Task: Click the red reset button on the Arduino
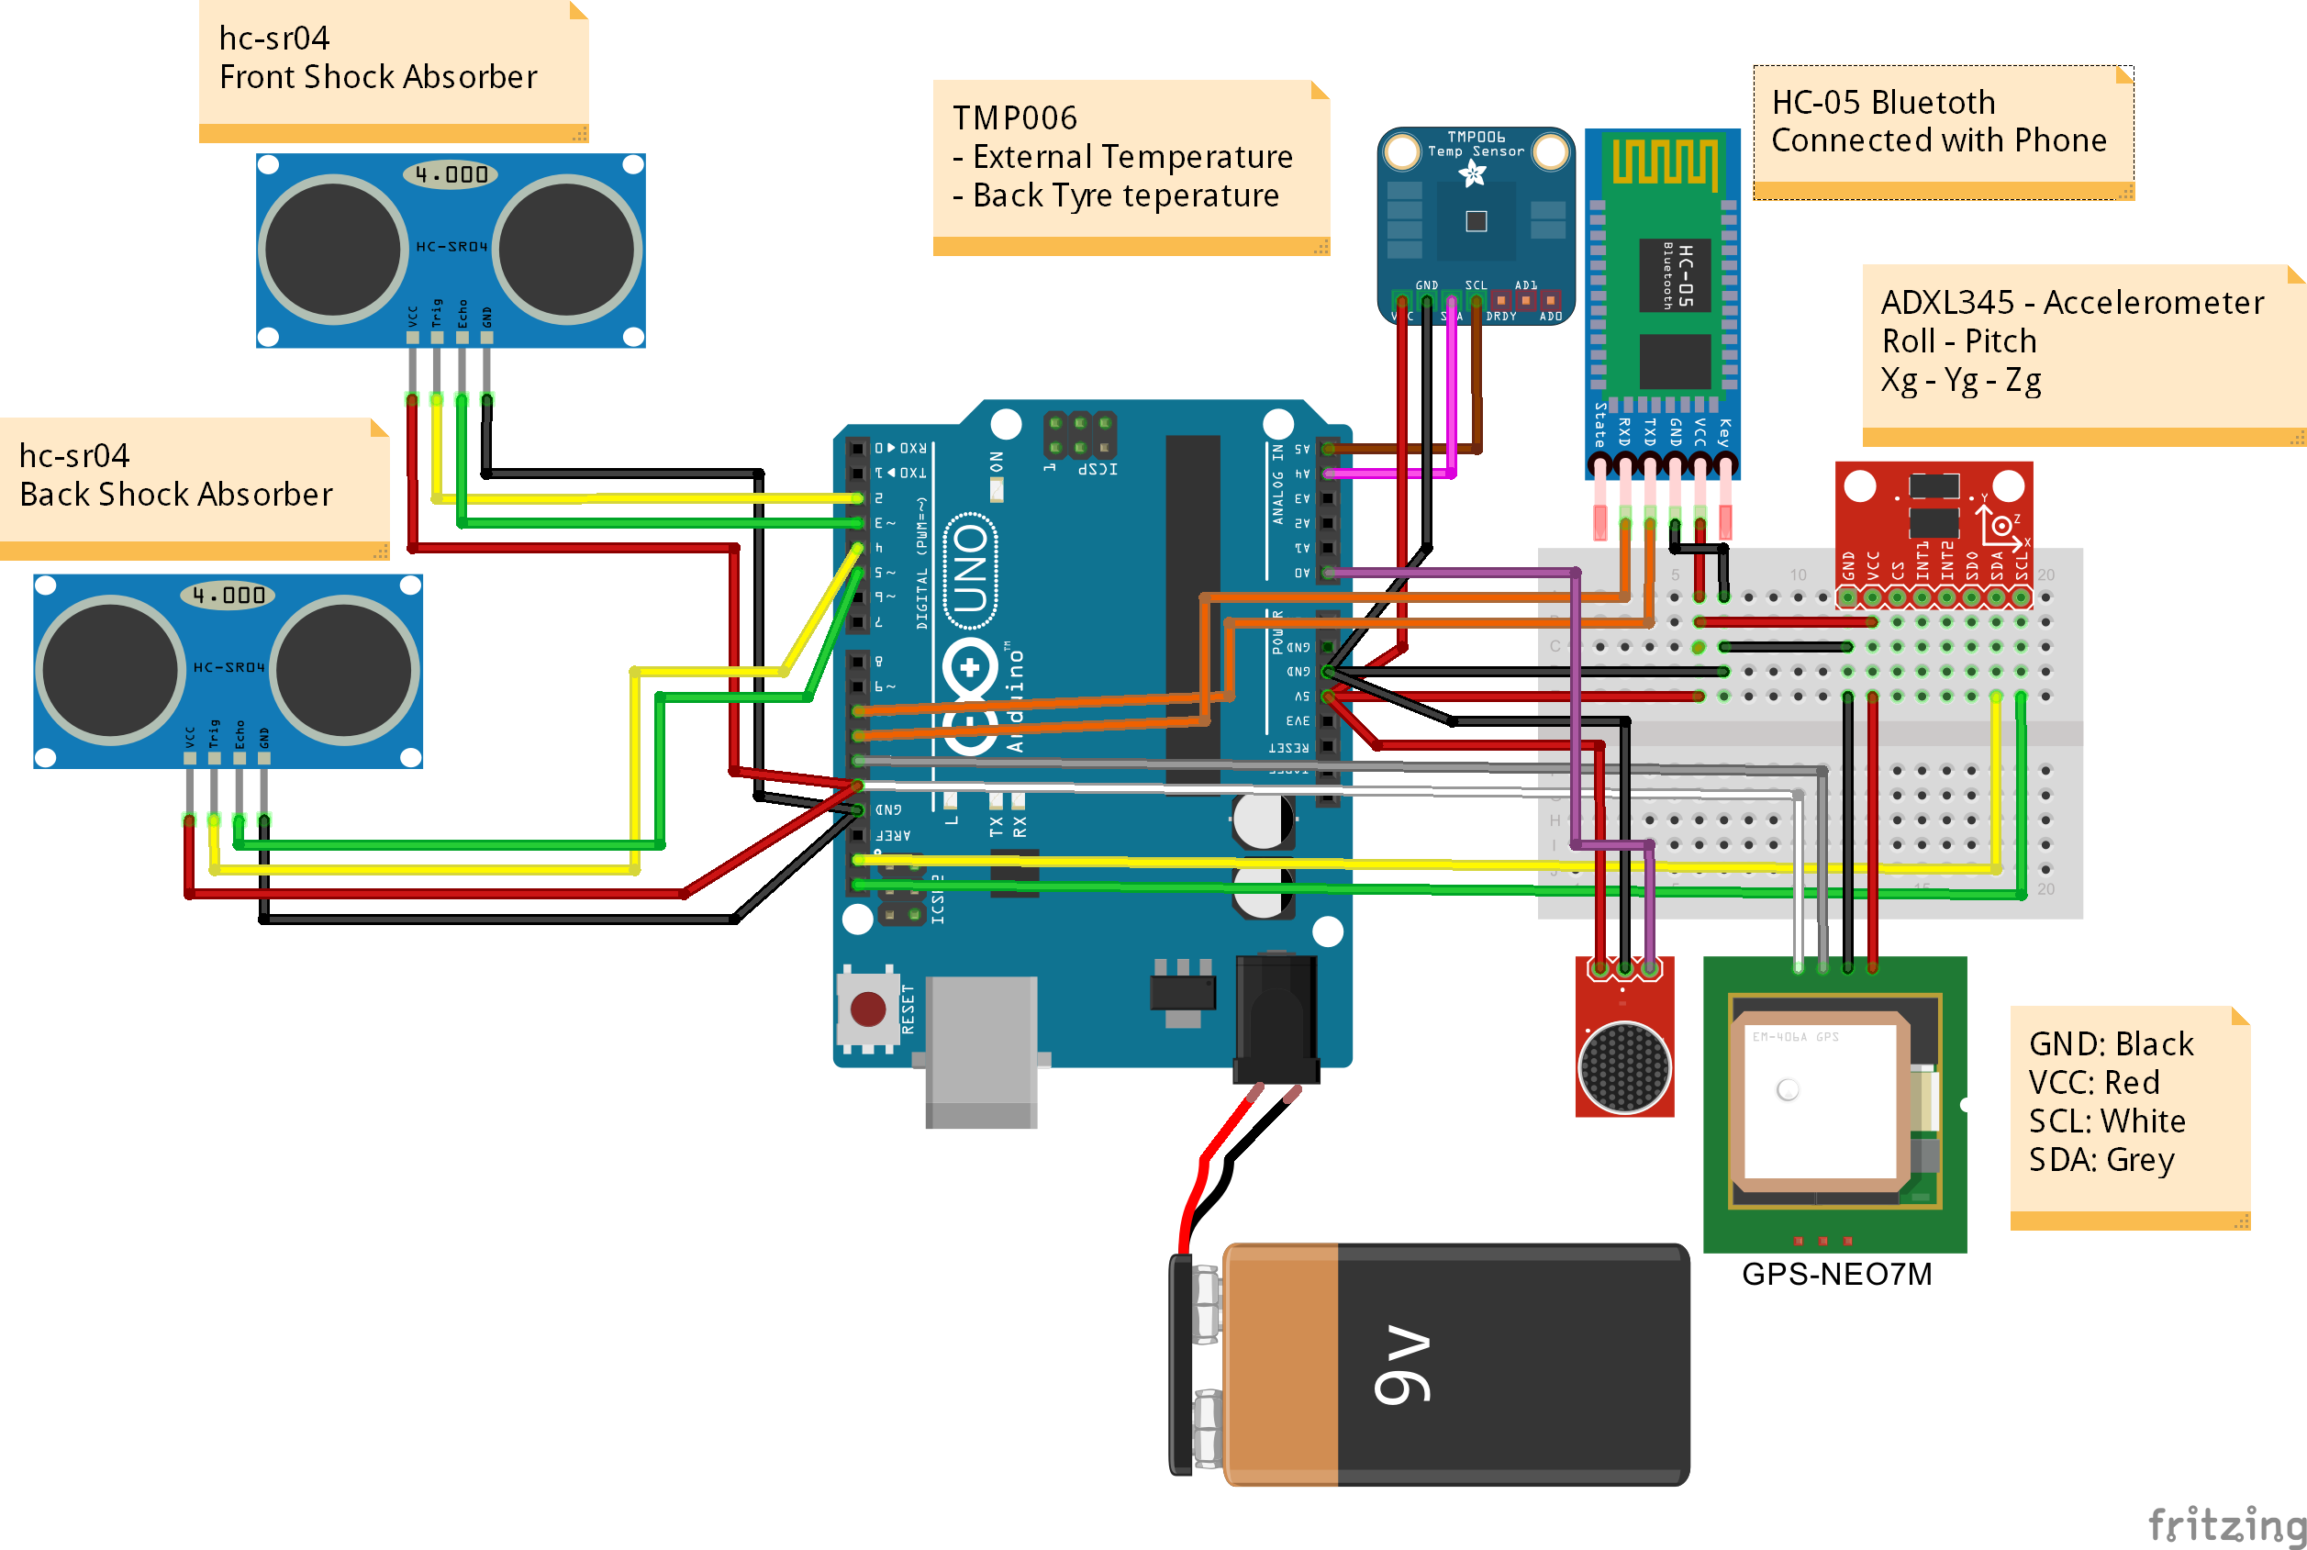[x=867, y=1009]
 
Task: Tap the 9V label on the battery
[x=1401, y=1364]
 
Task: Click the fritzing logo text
[x=2226, y=1523]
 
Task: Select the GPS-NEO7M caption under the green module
[x=1835, y=1273]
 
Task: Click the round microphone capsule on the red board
[x=1624, y=1066]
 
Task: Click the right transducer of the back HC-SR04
[x=343, y=669]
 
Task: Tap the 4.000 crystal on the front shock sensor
[x=451, y=175]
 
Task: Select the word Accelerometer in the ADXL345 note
[x=2153, y=303]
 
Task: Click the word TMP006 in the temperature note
[x=1014, y=117]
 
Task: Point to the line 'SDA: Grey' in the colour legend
[x=2101, y=1158]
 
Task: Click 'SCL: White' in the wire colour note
[x=2106, y=1120]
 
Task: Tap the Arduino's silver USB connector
[x=981, y=1050]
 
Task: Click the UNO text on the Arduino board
[x=970, y=568]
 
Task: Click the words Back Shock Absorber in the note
[x=176, y=494]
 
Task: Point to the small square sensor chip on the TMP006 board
[x=1476, y=220]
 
